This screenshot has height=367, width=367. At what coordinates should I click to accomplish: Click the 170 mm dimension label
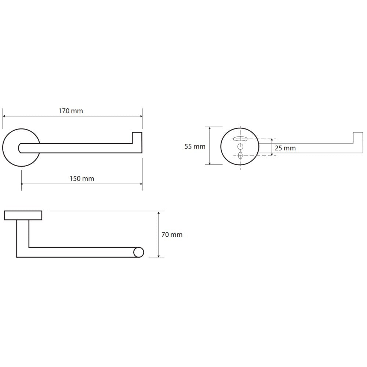pyautogui.click(x=71, y=111)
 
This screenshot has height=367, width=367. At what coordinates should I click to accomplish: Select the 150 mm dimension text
pyautogui.click(x=82, y=179)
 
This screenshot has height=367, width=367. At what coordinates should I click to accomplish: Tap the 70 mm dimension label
pyautogui.click(x=172, y=235)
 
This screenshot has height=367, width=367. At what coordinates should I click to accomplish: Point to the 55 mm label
pyautogui.click(x=195, y=146)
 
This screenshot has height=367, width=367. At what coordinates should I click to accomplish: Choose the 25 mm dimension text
pyautogui.click(x=285, y=148)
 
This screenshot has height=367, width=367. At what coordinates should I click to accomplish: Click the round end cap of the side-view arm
pyautogui.click(x=139, y=252)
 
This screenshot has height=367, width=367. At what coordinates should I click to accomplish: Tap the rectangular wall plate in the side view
pyautogui.click(x=23, y=215)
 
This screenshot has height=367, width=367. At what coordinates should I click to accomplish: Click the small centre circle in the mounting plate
pyautogui.click(x=240, y=147)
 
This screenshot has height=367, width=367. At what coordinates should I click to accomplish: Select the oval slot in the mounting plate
pyautogui.click(x=240, y=155)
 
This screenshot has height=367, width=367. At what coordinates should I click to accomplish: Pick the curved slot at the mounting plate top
pyautogui.click(x=240, y=139)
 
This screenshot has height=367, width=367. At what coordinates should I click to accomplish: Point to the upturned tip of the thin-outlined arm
pyautogui.click(x=358, y=138)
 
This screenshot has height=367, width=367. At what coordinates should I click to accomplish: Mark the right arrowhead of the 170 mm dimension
pyautogui.click(x=141, y=116)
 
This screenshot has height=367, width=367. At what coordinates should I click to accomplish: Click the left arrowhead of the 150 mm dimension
pyautogui.click(x=22, y=184)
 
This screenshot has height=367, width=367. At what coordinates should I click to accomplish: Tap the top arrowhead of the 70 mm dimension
pyautogui.click(x=159, y=213)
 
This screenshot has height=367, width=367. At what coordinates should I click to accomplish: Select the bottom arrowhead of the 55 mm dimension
pyautogui.click(x=210, y=163)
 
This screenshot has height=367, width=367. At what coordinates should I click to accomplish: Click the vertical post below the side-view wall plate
pyautogui.click(x=23, y=236)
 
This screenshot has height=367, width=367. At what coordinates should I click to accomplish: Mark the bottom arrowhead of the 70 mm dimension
pyautogui.click(x=159, y=256)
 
